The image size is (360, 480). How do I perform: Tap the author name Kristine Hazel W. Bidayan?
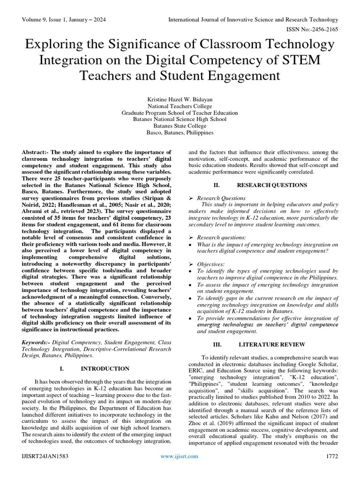pyautogui.click(x=180, y=99)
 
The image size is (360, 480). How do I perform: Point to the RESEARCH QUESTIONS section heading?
pyautogui.click(x=272, y=185)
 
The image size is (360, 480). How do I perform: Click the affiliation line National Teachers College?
pyautogui.click(x=180, y=106)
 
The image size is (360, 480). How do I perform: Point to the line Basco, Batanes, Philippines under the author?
pyautogui.click(x=180, y=133)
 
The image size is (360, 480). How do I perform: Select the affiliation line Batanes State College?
pyautogui.click(x=180, y=126)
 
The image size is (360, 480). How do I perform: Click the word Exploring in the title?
pyautogui.click(x=52, y=45)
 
